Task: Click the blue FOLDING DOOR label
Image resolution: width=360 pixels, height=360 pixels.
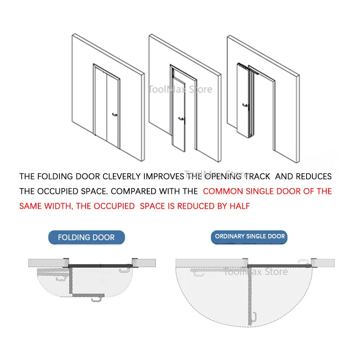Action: tap(86, 237)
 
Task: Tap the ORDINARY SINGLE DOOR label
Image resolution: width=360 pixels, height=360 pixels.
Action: tap(250, 236)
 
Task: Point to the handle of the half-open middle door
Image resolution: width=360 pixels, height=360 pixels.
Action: tap(181, 119)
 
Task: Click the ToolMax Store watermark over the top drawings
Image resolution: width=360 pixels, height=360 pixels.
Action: tap(180, 90)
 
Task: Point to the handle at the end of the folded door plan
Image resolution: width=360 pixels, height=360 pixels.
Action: tap(96, 297)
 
